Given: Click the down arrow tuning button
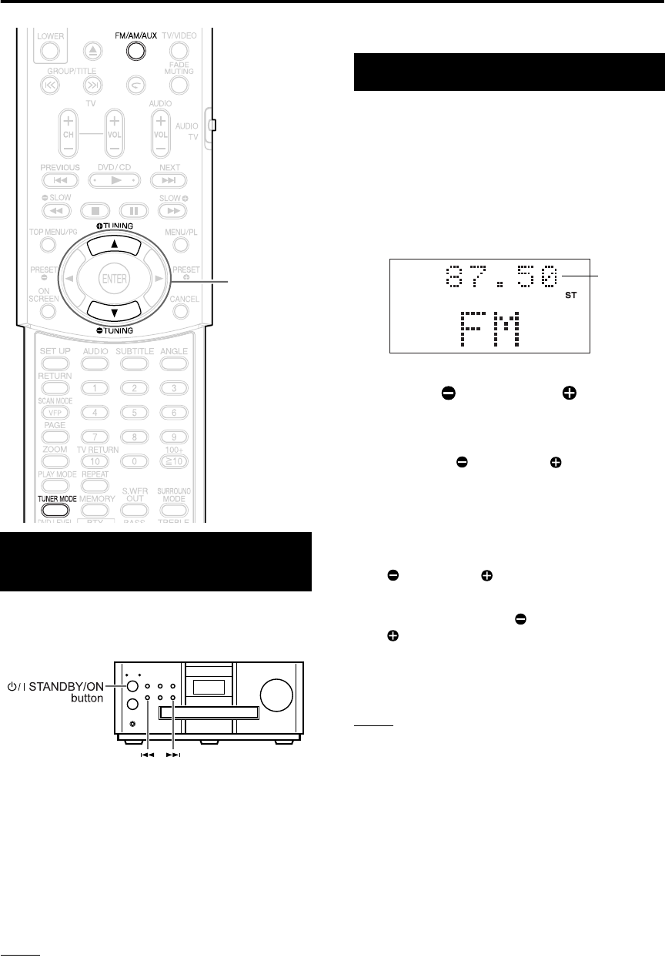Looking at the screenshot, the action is pyautogui.click(x=113, y=310).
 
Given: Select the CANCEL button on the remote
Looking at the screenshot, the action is pyautogui.click(x=181, y=311).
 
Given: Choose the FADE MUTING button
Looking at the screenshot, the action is pyautogui.click(x=179, y=82).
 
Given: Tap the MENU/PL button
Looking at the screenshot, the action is pyautogui.click(x=181, y=246).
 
